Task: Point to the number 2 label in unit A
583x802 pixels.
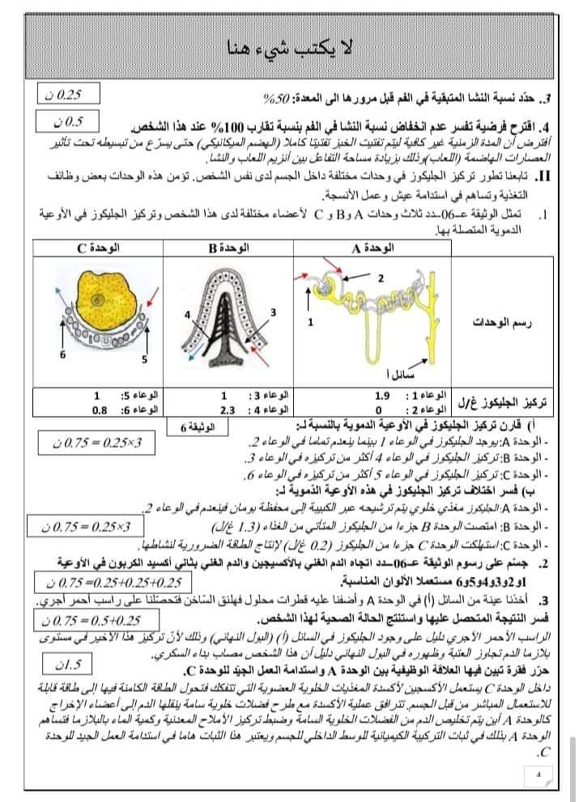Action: coord(380,278)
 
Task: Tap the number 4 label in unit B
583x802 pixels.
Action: coord(186,313)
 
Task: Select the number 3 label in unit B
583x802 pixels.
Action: coord(273,312)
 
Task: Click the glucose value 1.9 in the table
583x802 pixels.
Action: coord(385,396)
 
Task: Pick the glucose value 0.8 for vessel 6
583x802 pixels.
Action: coord(99,409)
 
